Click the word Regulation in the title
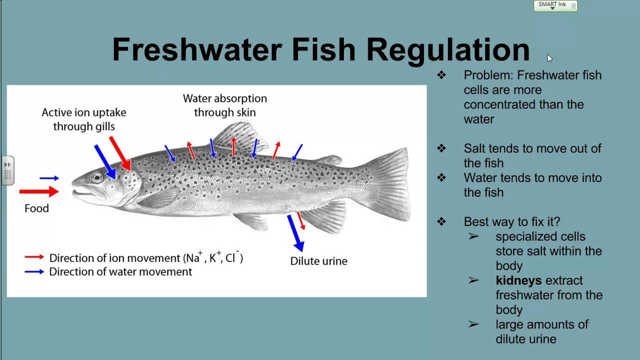tap(447, 50)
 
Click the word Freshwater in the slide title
tap(197, 50)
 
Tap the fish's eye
tap(96, 177)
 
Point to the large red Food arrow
tap(39, 191)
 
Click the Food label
tap(36, 208)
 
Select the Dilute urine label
tap(318, 261)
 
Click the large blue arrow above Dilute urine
tap(295, 232)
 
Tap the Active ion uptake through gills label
tap(84, 119)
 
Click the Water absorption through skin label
tap(224, 105)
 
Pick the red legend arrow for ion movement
tap(34, 257)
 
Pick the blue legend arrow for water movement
tap(34, 272)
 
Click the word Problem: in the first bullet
tap(488, 75)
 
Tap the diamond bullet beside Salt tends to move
tap(441, 148)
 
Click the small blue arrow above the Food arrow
tap(49, 178)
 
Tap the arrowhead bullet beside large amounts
tap(473, 324)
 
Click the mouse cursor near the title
tap(549, 58)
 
